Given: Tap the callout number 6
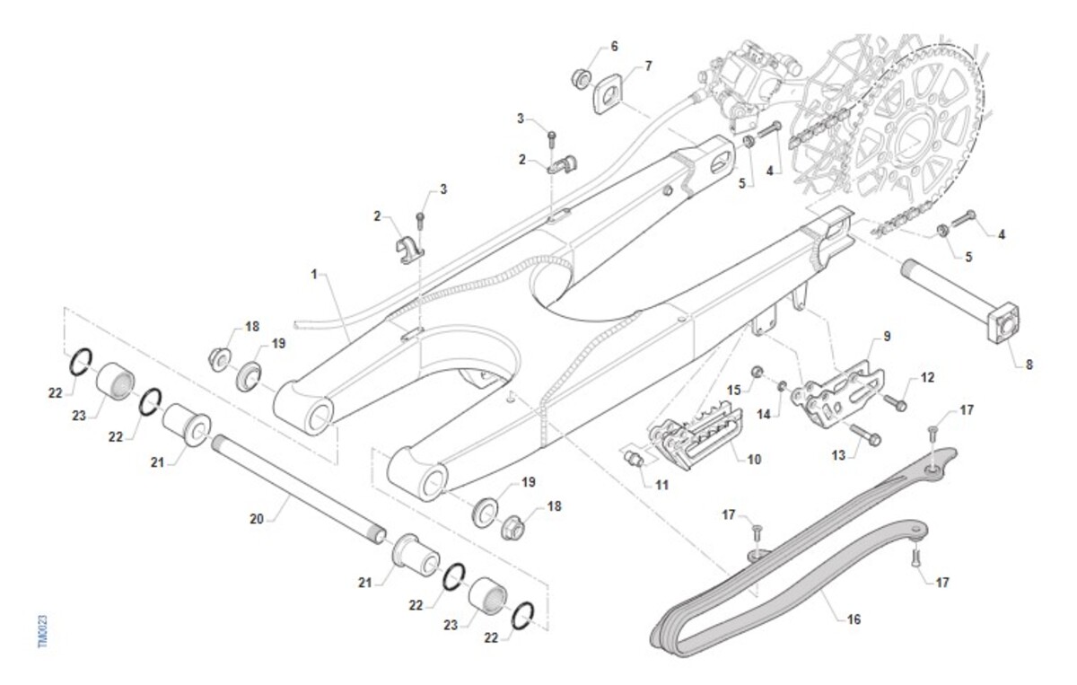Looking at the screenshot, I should pos(614,46).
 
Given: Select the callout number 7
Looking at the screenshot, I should pos(648,66).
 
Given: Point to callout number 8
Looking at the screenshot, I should pos(1029,364).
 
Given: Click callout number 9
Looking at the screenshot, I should pos(887,337).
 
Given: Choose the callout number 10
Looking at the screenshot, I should pos(754,459).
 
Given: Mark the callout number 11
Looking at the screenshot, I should pos(662,486).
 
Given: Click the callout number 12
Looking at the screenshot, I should pos(927,378).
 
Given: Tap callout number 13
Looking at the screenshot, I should pos(838,456).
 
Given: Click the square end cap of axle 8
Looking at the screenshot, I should pos(1005,326).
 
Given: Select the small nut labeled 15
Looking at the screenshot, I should pos(757,371).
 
